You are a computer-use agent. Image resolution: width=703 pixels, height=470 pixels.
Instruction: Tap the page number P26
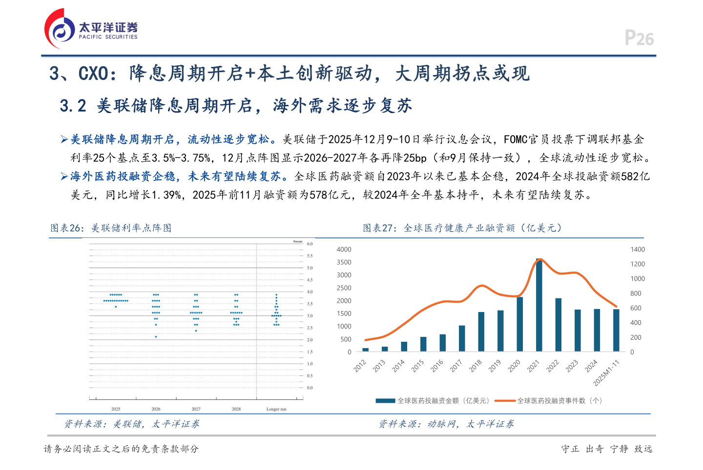[639, 38]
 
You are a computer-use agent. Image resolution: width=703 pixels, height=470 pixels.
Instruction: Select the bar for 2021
[539, 305]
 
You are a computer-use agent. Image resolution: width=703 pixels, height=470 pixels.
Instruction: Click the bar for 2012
[366, 350]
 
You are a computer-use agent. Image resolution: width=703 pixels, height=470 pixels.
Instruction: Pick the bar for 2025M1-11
[616, 330]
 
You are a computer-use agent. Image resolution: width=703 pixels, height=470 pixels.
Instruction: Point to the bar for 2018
[481, 332]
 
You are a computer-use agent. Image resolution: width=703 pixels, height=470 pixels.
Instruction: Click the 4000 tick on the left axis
[344, 250]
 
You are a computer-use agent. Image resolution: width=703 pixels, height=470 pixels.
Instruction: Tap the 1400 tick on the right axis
[638, 250]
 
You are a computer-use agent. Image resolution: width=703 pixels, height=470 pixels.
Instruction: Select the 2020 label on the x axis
[514, 366]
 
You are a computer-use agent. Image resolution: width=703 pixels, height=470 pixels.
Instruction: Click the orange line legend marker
[505, 401]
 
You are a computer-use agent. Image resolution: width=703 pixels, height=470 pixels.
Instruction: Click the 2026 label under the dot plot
[156, 409]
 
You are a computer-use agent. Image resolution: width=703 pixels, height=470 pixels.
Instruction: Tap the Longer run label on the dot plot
[276, 409]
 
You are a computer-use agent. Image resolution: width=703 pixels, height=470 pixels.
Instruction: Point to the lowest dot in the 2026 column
[156, 337]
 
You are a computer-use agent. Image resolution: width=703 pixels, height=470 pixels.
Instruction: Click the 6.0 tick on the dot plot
[310, 244]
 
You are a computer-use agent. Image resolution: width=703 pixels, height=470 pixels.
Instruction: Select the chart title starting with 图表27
[462, 228]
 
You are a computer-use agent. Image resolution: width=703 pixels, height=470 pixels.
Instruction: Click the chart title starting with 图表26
[111, 228]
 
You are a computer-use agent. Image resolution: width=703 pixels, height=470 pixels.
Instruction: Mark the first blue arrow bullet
[64, 140]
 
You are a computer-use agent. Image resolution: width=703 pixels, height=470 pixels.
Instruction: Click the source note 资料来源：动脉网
[446, 424]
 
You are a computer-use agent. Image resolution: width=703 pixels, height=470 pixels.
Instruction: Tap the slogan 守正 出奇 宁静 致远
[606, 449]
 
